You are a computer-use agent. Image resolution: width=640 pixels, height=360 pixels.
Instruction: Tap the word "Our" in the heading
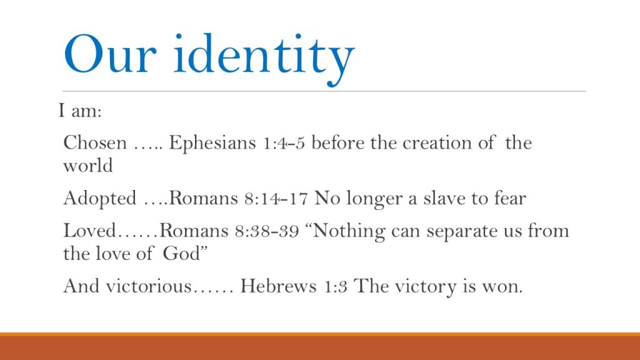coord(110,54)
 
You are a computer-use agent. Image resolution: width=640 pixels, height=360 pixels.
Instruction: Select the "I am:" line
coord(80,110)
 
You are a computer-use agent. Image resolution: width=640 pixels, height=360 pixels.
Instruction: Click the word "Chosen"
coord(95,143)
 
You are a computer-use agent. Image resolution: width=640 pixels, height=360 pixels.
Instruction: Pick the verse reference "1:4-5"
coord(284,144)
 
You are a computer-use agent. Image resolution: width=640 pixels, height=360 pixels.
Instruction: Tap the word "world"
coord(88,166)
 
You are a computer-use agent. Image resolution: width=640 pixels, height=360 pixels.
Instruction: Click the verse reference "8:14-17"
coord(276,199)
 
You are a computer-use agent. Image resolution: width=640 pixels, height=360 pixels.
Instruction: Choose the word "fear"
coord(510,198)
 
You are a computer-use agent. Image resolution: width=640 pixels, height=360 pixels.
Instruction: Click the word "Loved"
coord(90,231)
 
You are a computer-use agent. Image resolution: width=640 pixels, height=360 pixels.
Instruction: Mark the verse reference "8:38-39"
coord(267,231)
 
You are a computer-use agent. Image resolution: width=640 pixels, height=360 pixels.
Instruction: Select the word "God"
coord(182,254)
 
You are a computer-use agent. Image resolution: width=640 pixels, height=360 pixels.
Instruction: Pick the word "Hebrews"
coord(278,286)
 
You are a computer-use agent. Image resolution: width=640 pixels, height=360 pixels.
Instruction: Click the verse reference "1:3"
coord(336,286)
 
